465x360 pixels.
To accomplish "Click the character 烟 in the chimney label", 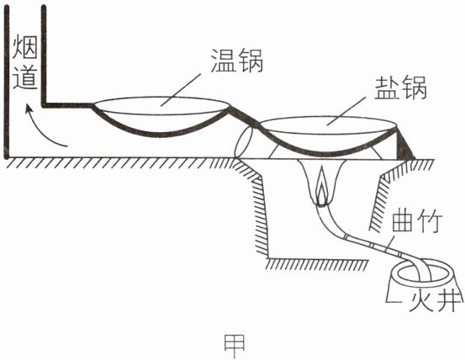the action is pyautogui.click(x=25, y=46).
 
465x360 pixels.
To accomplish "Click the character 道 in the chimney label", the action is pyautogui.click(x=25, y=77).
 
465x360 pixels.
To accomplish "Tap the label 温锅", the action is pyautogui.click(x=237, y=61).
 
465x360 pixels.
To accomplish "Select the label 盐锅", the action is pyautogui.click(x=400, y=88).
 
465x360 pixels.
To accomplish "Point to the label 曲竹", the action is pyautogui.click(x=417, y=222).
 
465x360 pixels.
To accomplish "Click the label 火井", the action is pyautogui.click(x=435, y=299).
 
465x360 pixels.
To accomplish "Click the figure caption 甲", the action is pyautogui.click(x=235, y=346).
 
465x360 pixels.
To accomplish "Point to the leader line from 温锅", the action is pyautogui.click(x=181, y=89).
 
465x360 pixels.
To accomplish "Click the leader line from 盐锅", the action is pyautogui.click(x=346, y=111).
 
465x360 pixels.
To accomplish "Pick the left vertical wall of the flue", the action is pyautogui.click(x=6, y=82).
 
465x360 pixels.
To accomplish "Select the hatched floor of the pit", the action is pyautogui.click(x=317, y=263).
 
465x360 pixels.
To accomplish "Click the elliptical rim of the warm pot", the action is pyautogui.click(x=161, y=97).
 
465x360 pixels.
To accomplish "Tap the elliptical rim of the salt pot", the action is pyautogui.click(x=328, y=117).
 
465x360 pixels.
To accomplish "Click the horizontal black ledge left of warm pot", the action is pyautogui.click(x=67, y=105).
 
